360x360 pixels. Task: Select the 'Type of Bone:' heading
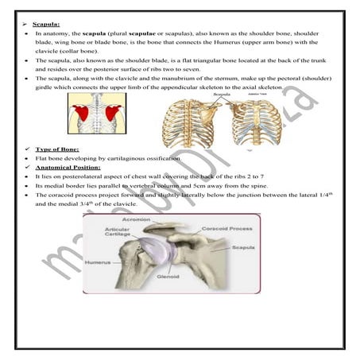[x=56, y=150]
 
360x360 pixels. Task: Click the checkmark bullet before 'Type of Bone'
[x=28, y=150]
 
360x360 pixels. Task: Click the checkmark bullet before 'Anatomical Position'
[x=28, y=168]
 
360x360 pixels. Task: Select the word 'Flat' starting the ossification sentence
[x=43, y=159]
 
